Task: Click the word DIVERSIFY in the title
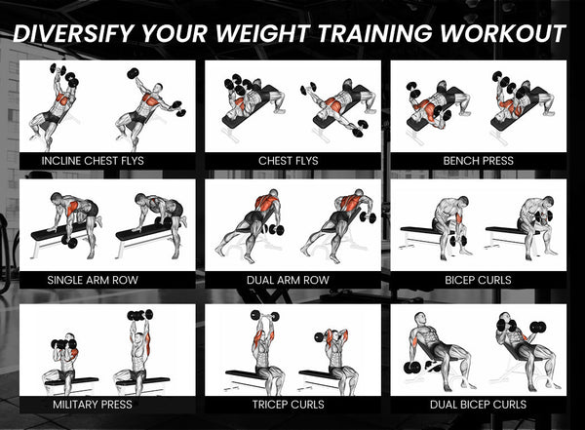coord(72,32)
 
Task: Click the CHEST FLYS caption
coord(288,160)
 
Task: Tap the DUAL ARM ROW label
coord(288,280)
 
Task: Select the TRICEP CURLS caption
coord(288,404)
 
